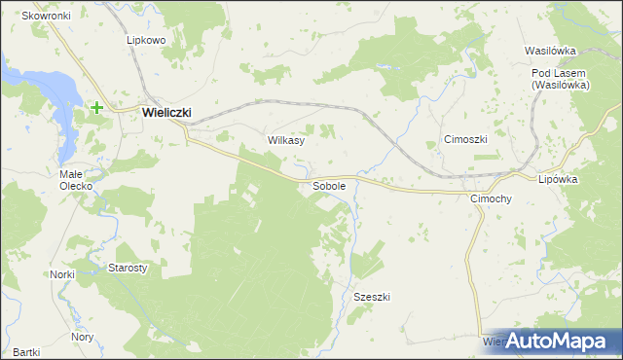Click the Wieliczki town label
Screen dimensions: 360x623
click(x=166, y=112)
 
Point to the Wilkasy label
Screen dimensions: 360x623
click(x=286, y=140)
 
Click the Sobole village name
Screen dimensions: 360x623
click(x=329, y=185)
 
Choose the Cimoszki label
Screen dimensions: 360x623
click(x=464, y=139)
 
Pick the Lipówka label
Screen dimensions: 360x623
click(x=558, y=179)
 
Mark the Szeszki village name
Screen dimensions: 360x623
click(x=372, y=297)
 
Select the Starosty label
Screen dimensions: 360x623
click(x=127, y=268)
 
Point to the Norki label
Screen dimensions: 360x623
click(x=62, y=274)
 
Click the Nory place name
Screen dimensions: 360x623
click(x=83, y=337)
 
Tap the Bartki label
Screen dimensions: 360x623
click(x=26, y=351)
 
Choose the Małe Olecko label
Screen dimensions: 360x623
click(x=75, y=179)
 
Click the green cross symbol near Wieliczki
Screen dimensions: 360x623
click(x=97, y=108)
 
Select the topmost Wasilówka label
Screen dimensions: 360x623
click(x=551, y=51)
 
